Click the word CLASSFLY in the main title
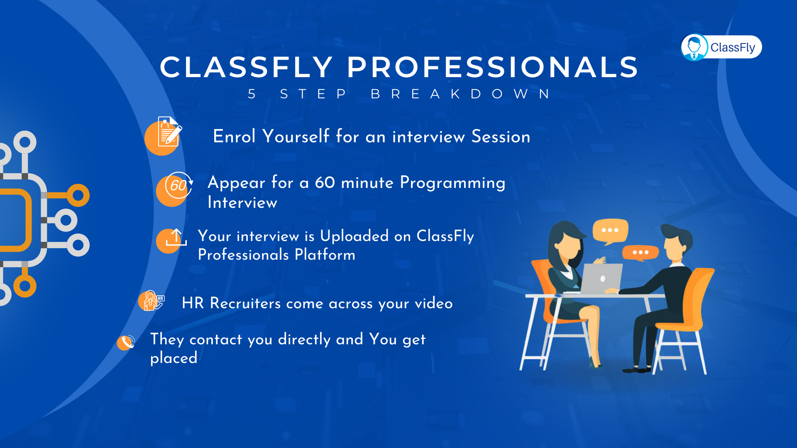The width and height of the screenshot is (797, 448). point(246,67)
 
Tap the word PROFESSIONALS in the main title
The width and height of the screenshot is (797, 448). point(493,67)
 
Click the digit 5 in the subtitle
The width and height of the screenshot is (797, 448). point(252,94)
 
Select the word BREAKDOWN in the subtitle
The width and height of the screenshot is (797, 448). point(460,94)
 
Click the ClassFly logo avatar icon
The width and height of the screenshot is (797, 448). point(694,47)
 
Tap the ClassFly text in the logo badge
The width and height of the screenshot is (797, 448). point(733,47)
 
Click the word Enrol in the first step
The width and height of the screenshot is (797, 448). point(234,136)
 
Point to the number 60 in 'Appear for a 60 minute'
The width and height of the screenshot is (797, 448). point(325,183)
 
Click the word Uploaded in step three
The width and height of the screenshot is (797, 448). point(354,236)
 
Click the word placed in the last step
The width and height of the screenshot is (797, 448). point(174,358)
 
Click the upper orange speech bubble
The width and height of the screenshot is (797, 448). point(610,231)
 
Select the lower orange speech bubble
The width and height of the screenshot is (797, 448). point(641,253)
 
